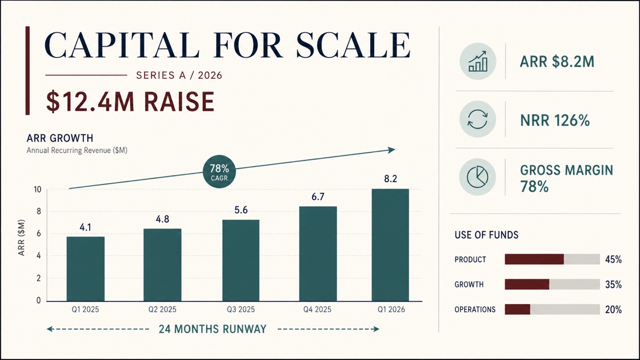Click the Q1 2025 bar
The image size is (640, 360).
(85, 269)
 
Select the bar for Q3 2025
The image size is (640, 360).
(241, 261)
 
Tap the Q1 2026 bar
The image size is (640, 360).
(390, 245)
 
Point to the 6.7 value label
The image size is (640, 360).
(318, 197)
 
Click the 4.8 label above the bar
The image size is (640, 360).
(162, 219)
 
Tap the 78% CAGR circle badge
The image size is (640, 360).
(219, 171)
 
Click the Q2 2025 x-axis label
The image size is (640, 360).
(162, 309)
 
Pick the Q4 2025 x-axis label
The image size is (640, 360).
(317, 309)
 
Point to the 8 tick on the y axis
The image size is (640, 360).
(39, 211)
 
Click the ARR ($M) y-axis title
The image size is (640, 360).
(21, 238)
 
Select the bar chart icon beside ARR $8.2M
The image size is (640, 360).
(478, 61)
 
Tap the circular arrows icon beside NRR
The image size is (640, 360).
(478, 119)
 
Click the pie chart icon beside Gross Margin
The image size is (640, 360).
(478, 177)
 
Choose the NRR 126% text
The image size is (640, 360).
(555, 121)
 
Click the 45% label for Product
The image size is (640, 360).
(613, 259)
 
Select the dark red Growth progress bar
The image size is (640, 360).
(527, 284)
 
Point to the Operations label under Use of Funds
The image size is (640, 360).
(475, 309)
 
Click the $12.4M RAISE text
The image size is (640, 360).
(130, 102)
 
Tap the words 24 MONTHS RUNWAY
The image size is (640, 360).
(213, 329)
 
